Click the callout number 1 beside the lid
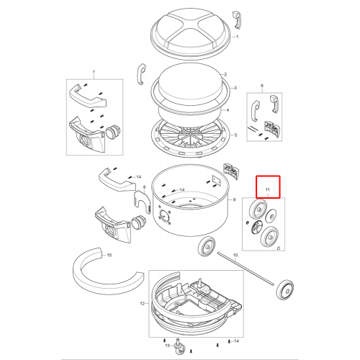tap(238, 37)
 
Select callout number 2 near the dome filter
tap(225, 74)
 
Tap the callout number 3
tap(235, 88)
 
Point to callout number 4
tap(228, 110)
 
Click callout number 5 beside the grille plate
tap(235, 135)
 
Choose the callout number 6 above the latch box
tap(262, 86)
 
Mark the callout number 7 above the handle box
tap(94, 72)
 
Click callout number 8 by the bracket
tap(144, 187)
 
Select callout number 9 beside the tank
tap(234, 199)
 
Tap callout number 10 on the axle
tap(235, 255)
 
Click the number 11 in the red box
tap(268, 189)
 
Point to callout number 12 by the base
tap(143, 304)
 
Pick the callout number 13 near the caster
tap(167, 346)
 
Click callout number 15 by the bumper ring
tap(109, 255)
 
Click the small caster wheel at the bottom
tap(179, 348)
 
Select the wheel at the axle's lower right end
tap(285, 290)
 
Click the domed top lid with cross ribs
tap(192, 34)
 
